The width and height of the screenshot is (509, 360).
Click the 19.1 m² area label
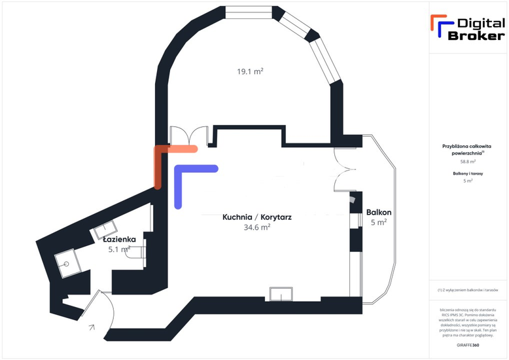click(250, 71)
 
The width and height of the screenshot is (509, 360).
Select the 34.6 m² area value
click(257, 227)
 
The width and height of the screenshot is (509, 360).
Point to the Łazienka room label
click(118, 239)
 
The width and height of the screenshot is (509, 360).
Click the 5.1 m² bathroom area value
click(119, 249)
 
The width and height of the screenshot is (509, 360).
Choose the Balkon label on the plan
click(379, 212)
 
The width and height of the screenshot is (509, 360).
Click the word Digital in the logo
click(480, 23)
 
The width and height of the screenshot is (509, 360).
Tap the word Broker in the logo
click(476, 35)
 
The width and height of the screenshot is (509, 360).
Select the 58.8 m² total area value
click(468, 161)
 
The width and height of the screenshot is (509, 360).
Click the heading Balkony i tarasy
click(468, 173)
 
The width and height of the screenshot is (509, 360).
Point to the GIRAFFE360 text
click(468, 344)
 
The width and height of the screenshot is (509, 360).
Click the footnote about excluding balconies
click(468, 289)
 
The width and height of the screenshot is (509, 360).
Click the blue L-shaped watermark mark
click(190, 180)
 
